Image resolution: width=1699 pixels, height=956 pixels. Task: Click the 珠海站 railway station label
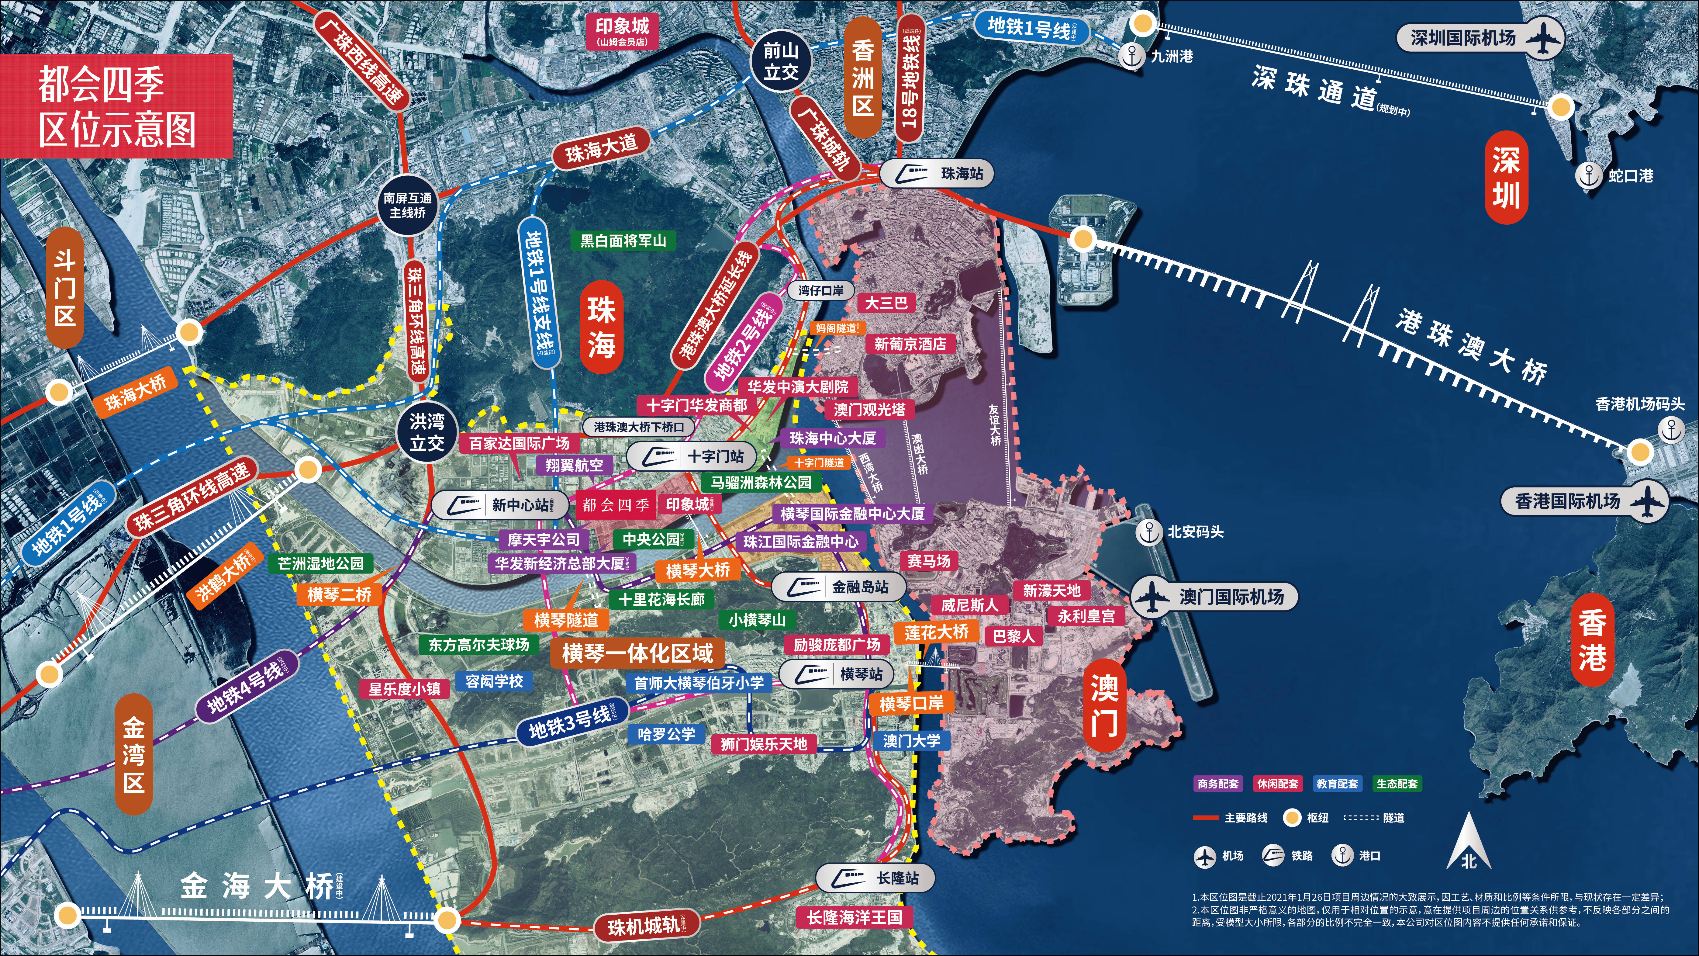[x=937, y=174]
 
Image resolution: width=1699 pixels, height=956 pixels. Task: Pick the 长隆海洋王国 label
[x=854, y=917]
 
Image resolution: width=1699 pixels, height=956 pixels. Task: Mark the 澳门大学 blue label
[x=911, y=740]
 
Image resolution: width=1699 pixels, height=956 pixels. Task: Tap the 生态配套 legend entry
[x=1397, y=784]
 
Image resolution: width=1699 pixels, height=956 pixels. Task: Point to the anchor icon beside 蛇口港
[x=1589, y=175]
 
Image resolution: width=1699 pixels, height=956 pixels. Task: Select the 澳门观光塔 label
[x=869, y=410]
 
